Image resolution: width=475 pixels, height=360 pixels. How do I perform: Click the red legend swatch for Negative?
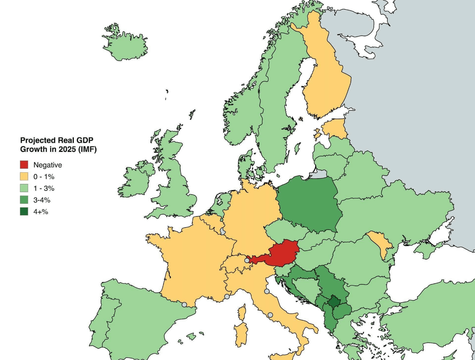[x=24, y=165]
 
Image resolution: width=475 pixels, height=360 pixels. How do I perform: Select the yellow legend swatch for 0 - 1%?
[x=24, y=176]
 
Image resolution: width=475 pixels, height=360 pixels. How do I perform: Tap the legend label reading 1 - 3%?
[x=44, y=188]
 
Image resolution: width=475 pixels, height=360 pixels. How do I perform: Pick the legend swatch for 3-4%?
[x=24, y=200]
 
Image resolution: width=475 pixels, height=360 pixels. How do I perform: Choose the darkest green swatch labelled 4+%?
[x=24, y=211]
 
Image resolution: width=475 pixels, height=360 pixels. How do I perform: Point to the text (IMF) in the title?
[x=87, y=149]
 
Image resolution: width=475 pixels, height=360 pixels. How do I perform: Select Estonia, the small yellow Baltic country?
[x=335, y=129]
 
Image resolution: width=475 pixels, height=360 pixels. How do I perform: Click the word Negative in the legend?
[x=47, y=165]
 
